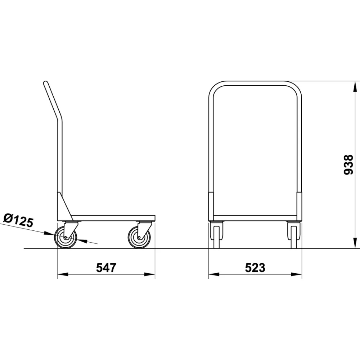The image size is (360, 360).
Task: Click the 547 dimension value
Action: tap(106, 267)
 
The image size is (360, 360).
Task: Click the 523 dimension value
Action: tap(255, 267)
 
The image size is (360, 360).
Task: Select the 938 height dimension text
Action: tap(348, 165)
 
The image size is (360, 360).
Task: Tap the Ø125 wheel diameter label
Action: tap(18, 220)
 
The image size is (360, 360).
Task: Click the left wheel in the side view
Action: tap(66, 238)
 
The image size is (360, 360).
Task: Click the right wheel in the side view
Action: tap(139, 238)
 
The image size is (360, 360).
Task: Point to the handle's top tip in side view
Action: tap(46, 84)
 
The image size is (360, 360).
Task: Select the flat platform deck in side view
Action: tap(113, 218)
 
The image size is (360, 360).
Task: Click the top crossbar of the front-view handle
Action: tap(255, 83)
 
